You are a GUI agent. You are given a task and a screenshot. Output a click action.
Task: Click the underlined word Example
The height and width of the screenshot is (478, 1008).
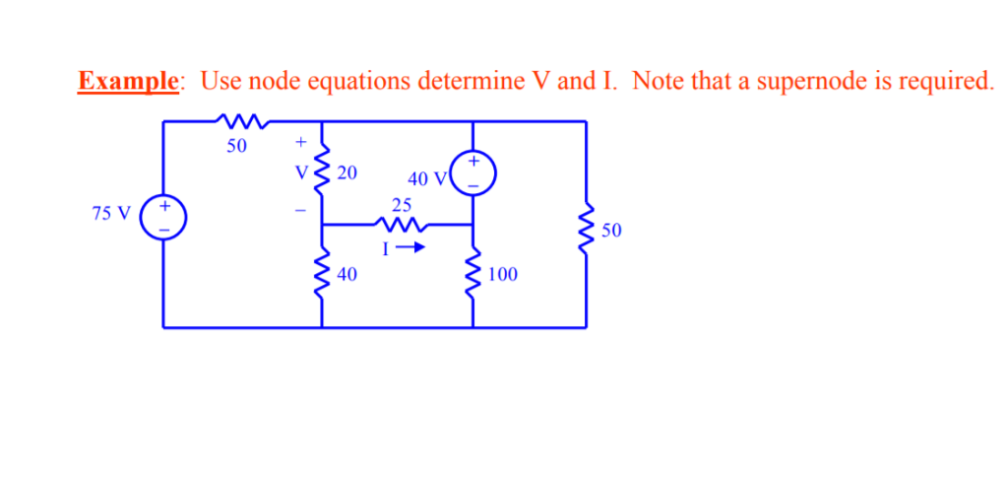click(128, 81)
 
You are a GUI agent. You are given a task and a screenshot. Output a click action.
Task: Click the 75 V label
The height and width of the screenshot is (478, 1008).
click(111, 214)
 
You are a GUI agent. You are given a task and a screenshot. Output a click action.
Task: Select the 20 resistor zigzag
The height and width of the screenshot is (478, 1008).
click(322, 171)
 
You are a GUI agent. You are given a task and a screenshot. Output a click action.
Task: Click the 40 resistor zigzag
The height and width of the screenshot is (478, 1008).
click(322, 273)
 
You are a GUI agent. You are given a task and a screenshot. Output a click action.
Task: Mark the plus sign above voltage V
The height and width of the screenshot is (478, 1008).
click(301, 144)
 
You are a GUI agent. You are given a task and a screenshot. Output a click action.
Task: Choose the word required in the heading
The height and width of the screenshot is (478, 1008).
click(945, 81)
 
